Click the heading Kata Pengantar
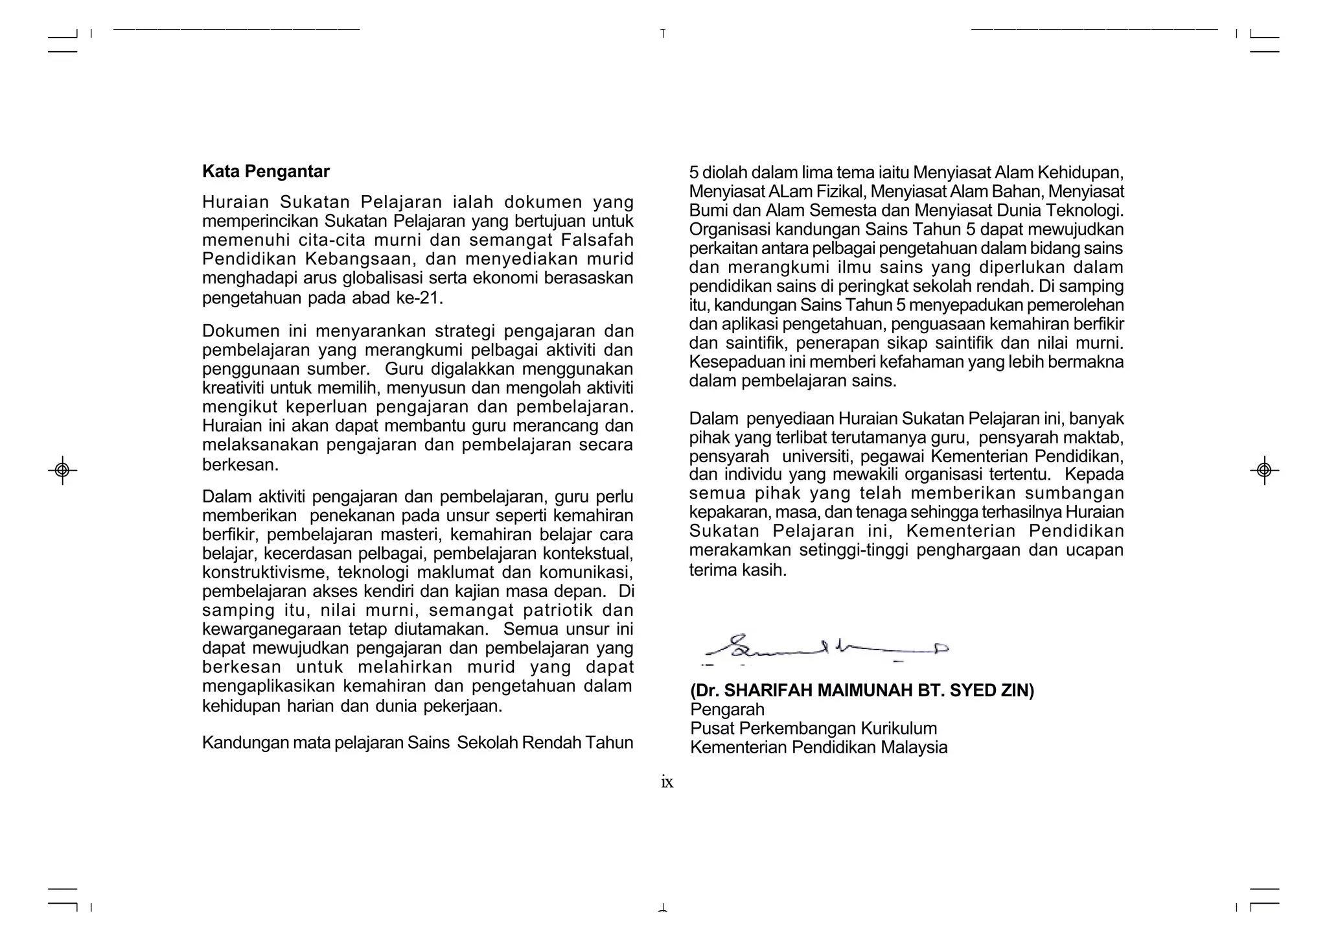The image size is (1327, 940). coord(266,172)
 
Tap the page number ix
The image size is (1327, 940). coord(667,782)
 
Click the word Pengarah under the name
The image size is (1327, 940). coord(727,710)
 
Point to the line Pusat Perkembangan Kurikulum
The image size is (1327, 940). coord(813,729)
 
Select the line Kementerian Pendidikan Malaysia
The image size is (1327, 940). coord(818,747)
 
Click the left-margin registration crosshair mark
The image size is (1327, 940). coord(62,469)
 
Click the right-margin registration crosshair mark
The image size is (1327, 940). coord(1264,469)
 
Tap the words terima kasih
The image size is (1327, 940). coord(737,570)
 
